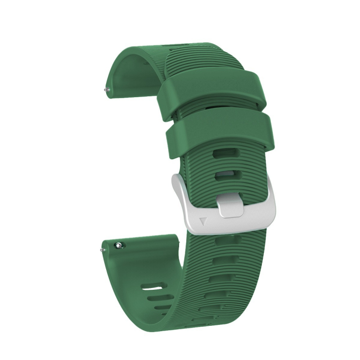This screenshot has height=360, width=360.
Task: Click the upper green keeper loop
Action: tap(211, 90)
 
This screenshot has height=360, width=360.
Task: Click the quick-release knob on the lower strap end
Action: tap(118, 245)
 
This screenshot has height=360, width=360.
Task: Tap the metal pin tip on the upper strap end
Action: tap(105, 90)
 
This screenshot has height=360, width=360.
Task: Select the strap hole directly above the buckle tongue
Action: tap(226, 175)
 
